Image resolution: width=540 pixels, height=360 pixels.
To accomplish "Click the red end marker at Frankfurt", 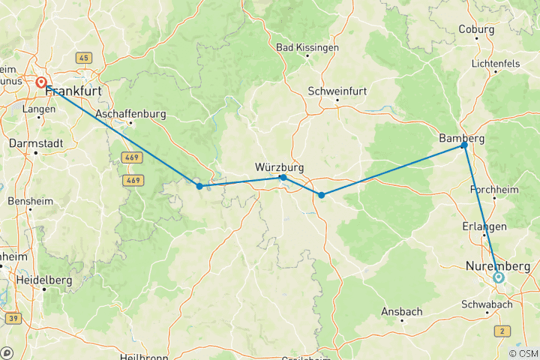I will point(40,83).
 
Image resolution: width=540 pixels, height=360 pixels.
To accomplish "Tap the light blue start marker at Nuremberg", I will point(499,277).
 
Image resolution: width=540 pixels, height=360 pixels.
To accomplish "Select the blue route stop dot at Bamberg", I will point(464,145).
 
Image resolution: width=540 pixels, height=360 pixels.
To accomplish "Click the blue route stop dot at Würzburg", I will point(283,178).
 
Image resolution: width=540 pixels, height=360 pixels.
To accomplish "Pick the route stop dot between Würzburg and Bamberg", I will point(321,195).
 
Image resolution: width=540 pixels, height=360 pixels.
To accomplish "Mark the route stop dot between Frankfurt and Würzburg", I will point(199,186).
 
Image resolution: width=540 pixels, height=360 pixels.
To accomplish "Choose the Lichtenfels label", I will point(496,64).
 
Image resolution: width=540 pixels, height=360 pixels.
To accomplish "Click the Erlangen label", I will point(484,226).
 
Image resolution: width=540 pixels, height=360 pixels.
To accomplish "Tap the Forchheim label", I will point(494,190).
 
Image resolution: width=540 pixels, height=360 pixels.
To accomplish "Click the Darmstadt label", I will point(34,142).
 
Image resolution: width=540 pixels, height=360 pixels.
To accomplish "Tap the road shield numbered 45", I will point(82,58).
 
